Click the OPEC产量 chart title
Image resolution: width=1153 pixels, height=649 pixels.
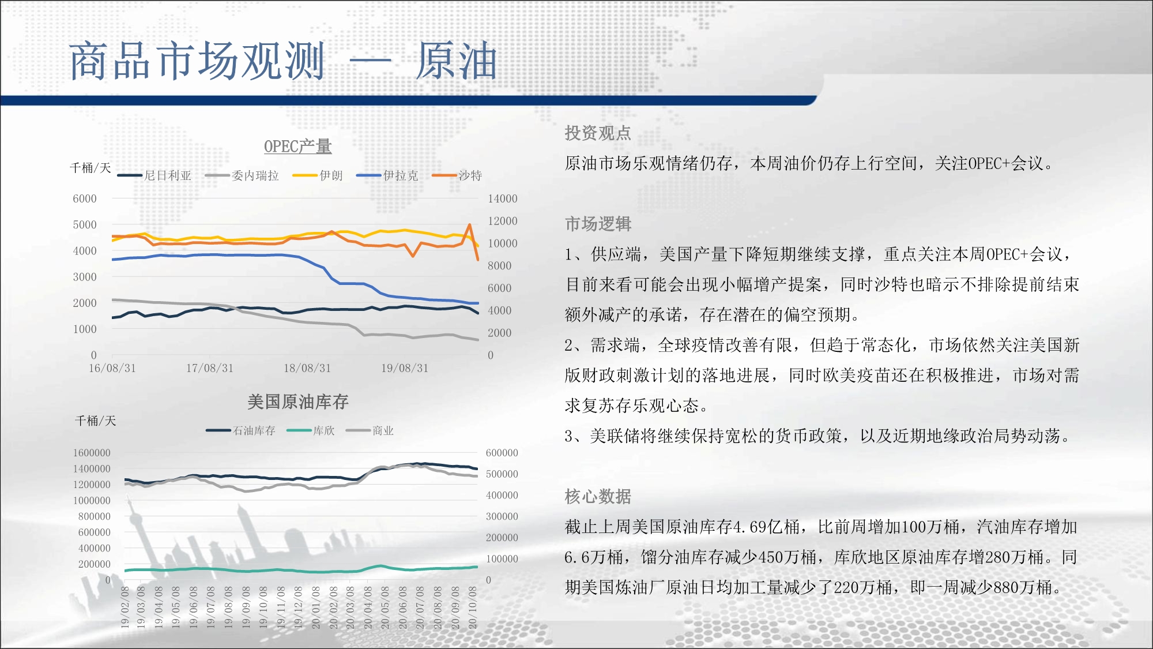click(297, 147)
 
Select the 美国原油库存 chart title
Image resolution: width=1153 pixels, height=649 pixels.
click(297, 402)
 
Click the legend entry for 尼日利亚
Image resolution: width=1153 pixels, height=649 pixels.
click(154, 175)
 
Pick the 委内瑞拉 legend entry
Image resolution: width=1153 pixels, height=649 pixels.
click(242, 175)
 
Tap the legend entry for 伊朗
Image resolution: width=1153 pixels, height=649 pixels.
click(318, 175)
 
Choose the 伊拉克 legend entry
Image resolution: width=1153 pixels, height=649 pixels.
click(387, 175)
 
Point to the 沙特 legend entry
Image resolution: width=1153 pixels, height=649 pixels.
click(457, 175)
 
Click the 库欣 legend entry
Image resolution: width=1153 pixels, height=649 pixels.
click(310, 430)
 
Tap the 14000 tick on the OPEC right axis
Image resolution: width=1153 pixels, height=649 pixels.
click(503, 198)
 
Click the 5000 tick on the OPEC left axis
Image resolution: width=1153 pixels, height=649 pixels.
click(85, 224)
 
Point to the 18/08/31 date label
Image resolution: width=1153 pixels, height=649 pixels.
click(307, 368)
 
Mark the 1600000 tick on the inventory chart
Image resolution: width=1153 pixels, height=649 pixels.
click(92, 453)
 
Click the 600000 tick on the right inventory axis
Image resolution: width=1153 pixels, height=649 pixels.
click(502, 453)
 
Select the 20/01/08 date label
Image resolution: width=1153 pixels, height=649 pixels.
click(316, 607)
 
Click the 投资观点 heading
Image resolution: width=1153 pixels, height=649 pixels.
click(598, 133)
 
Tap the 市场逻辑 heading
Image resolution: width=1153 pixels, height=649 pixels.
click(598, 224)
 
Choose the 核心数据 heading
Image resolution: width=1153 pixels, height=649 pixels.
click(598, 496)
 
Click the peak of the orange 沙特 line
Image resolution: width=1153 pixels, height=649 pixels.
click(470, 224)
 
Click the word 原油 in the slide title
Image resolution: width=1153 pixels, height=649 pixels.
click(456, 61)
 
